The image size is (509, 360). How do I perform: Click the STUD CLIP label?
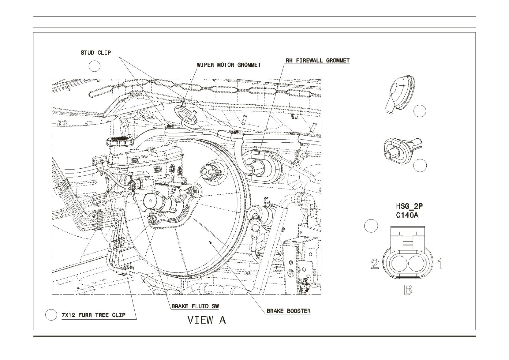pos(96,53)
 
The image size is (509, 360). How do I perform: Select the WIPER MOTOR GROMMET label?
pos(229,65)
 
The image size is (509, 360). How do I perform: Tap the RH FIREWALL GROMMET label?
pos(318,60)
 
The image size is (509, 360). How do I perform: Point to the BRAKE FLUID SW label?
pos(195,306)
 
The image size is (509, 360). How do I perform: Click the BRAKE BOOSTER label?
pos(289,311)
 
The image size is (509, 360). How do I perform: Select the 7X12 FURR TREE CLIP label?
pos(93,315)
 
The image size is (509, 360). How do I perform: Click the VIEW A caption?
pos(207,320)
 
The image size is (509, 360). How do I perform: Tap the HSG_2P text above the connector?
pos(409,206)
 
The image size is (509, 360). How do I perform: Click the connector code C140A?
pos(407,215)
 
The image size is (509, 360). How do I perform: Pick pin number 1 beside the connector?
pos(440,264)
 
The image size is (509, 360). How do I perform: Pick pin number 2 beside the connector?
pos(375,264)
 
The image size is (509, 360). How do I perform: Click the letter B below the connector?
pos(408,290)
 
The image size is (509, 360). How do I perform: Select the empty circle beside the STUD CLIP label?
pos(94,66)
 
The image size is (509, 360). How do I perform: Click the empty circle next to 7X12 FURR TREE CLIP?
pos(51,315)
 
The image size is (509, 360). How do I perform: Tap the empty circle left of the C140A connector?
pos(371,226)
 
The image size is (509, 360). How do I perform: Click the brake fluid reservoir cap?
pos(118,142)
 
